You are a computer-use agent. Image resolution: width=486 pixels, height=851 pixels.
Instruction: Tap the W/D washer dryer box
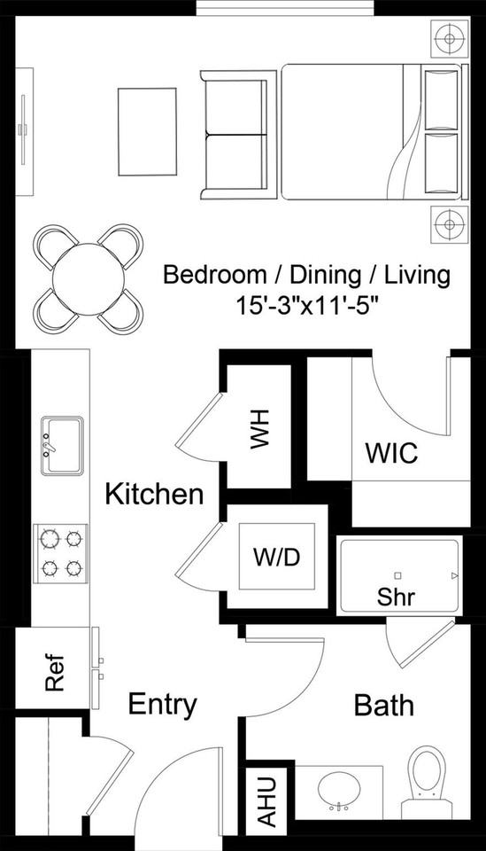[x=276, y=557]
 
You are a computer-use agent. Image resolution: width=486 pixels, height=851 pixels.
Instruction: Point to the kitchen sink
[x=61, y=445]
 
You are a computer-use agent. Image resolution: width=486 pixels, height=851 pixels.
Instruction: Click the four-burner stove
[x=61, y=552]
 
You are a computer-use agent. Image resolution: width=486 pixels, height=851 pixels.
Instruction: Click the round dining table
[x=88, y=278]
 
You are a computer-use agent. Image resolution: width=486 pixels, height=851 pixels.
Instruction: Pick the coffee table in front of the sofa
[x=148, y=131]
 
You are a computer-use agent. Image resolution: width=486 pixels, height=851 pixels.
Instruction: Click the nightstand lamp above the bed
[x=449, y=39]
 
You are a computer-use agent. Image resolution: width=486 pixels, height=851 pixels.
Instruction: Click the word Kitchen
[x=154, y=494]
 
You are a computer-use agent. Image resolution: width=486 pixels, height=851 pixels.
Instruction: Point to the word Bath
[x=383, y=706]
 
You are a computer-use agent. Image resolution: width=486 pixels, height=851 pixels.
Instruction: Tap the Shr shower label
[x=397, y=597]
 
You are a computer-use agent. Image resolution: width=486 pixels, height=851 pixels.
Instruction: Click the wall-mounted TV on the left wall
[x=24, y=130]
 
